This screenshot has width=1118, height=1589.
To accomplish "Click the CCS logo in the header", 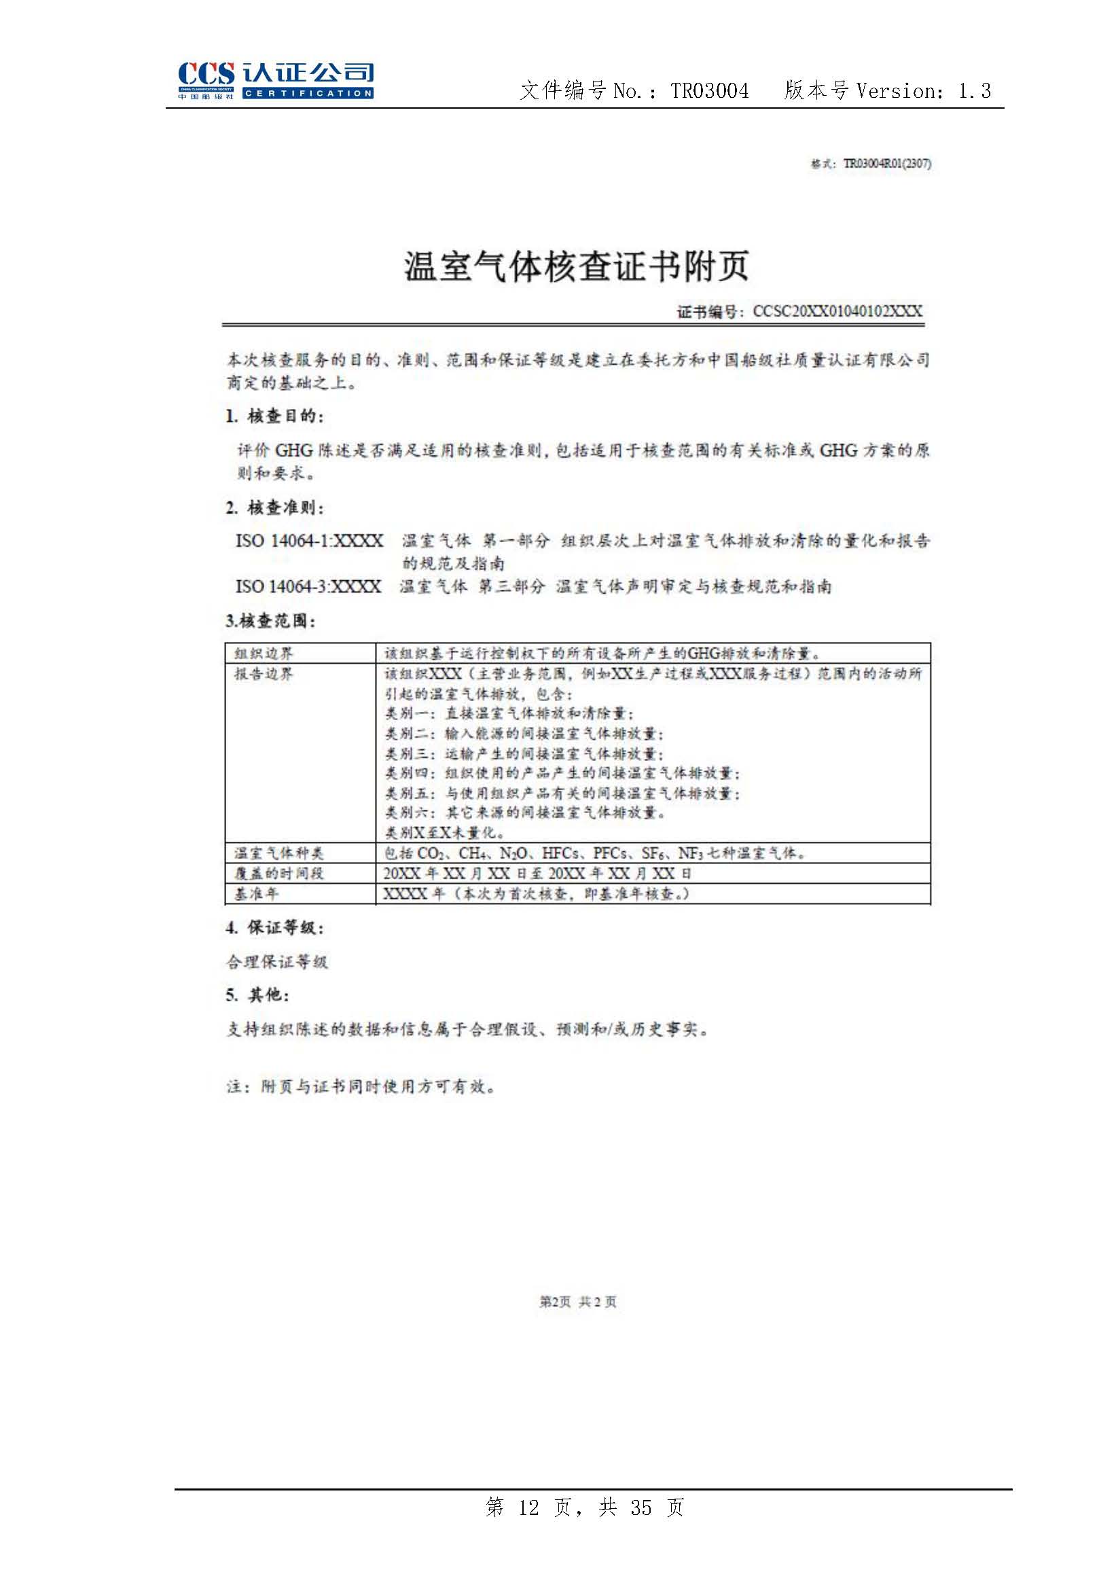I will [275, 81].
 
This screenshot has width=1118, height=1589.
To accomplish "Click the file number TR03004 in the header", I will [709, 90].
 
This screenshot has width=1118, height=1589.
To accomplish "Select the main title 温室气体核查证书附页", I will [576, 266].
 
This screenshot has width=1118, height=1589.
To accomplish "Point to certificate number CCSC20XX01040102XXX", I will [837, 311].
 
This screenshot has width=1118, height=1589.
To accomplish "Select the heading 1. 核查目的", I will [274, 416].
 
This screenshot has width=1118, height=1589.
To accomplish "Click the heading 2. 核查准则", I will [274, 508].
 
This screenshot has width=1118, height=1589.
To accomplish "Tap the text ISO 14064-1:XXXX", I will [309, 541].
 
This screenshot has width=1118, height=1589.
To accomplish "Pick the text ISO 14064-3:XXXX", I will [308, 587].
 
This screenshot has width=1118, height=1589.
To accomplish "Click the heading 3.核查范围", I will [270, 621].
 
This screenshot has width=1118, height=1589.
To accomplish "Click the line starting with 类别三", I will [524, 753].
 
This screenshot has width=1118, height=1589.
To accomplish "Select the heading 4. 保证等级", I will [274, 928].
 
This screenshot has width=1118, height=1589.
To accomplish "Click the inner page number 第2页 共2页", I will [577, 1302].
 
